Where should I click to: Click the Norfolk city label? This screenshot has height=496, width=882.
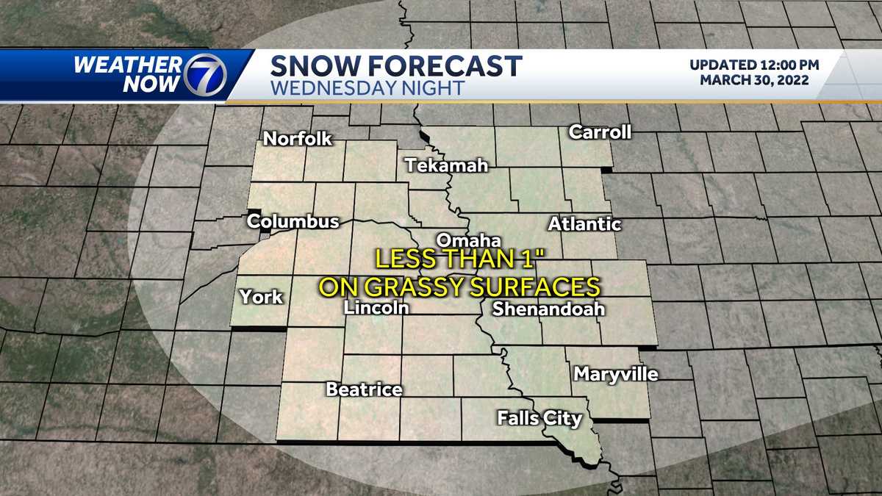298,138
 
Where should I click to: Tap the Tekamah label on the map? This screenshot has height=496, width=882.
447,165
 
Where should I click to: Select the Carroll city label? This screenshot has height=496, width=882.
600,132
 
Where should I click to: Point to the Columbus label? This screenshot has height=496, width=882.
293,221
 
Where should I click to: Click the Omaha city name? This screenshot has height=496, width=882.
468,240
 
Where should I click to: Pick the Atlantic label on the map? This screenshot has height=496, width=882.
584,224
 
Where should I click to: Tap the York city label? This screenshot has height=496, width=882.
261,297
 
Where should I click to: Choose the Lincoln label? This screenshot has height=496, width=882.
376,309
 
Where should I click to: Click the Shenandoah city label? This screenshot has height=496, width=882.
548,309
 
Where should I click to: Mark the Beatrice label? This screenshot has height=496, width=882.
364,389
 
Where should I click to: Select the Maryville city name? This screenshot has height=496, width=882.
616,374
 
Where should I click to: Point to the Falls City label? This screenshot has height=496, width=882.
539,419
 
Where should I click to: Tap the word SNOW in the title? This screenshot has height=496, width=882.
315,66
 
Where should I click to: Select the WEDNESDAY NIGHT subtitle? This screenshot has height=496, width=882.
367,88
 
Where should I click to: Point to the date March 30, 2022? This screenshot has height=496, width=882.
754,80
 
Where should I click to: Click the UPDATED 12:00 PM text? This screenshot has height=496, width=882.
754,65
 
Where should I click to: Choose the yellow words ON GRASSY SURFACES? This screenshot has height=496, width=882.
459,286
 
